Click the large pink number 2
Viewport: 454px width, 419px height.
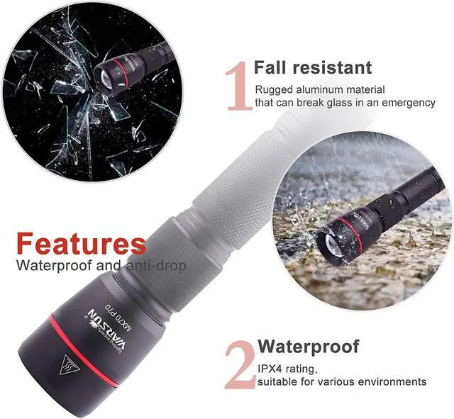pos(239,364)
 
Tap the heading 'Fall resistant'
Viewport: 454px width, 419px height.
pos(312,68)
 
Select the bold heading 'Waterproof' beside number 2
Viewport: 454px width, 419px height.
pos(308,347)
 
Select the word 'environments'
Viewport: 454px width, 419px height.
pos(394,381)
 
